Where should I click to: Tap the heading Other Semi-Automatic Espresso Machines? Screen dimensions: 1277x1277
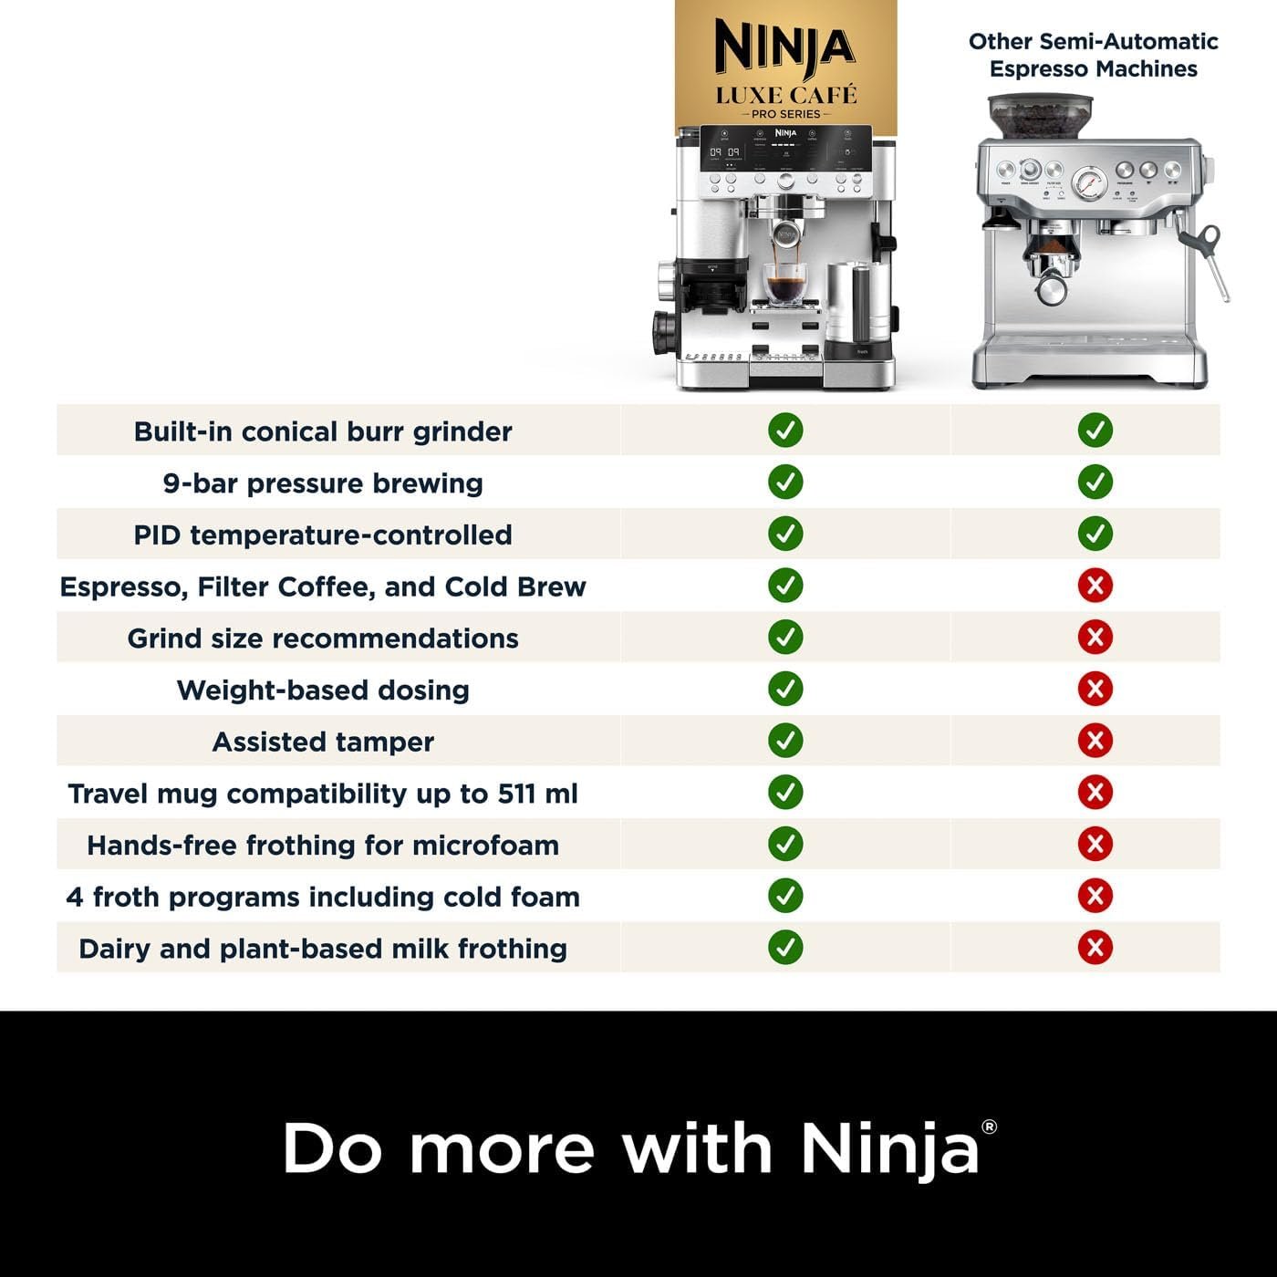pyautogui.click(x=1093, y=55)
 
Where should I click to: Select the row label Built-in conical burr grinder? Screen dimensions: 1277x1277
pyautogui.click(x=323, y=431)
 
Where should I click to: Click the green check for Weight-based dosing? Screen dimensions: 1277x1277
pyautogui.click(x=785, y=689)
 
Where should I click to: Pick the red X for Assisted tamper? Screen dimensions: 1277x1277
pyautogui.click(x=1095, y=740)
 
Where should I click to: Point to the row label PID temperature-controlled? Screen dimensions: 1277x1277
pyautogui.click(x=323, y=535)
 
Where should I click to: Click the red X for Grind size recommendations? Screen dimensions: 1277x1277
pyautogui.click(x=1095, y=637)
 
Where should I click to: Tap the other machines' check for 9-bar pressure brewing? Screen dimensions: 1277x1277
pyautogui.click(x=1095, y=482)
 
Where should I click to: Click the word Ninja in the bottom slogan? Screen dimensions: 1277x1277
pyautogui.click(x=890, y=1148)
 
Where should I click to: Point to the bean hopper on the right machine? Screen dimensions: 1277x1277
pyautogui.click(x=1034, y=116)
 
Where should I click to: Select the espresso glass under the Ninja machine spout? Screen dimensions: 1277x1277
pyautogui.click(x=785, y=283)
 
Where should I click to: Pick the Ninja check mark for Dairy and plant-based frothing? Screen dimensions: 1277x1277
pyautogui.click(x=785, y=947)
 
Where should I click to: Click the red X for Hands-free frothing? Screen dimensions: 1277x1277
pyautogui.click(x=1095, y=844)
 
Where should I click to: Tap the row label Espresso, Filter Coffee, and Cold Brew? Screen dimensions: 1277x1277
pyautogui.click(x=323, y=587)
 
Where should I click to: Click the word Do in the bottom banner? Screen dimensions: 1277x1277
pyautogui.click(x=332, y=1148)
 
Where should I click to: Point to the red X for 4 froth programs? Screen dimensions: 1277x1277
pyautogui.click(x=1095, y=896)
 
